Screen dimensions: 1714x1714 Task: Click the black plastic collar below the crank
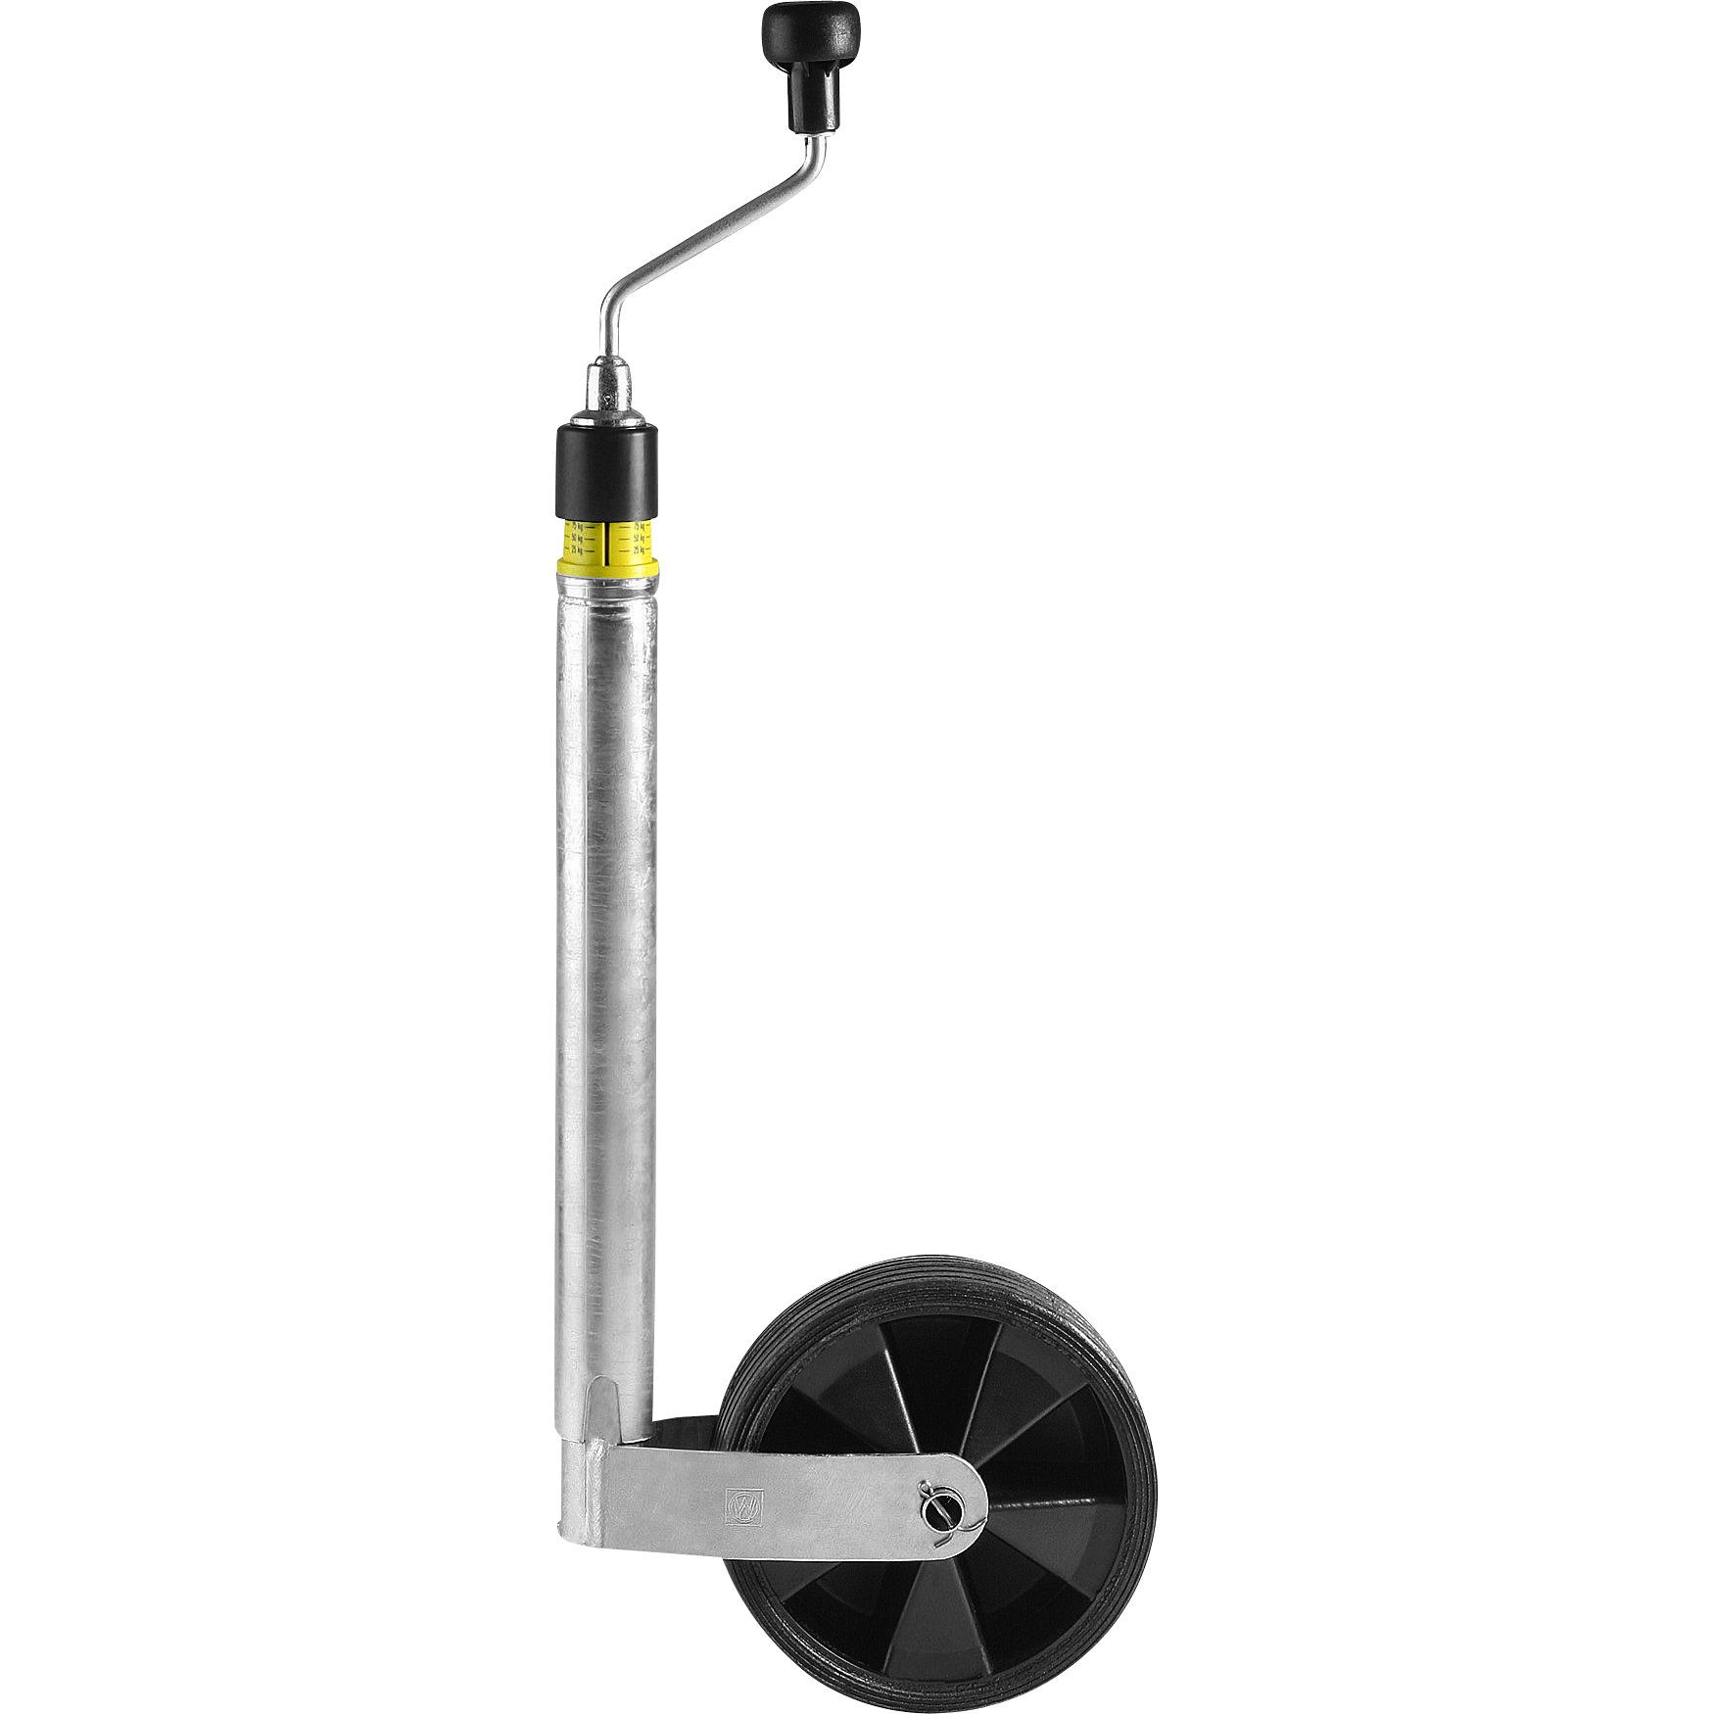click(x=607, y=470)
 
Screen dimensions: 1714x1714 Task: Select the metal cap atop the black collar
click(x=607, y=397)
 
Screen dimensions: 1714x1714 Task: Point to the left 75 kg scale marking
click(x=577, y=527)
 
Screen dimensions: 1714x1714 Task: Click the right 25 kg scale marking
click(x=639, y=551)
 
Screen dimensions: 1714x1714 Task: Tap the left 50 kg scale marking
click(x=577, y=539)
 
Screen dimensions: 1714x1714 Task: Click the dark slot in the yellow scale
click(x=607, y=544)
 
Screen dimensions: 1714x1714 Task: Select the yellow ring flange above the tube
click(x=607, y=569)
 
